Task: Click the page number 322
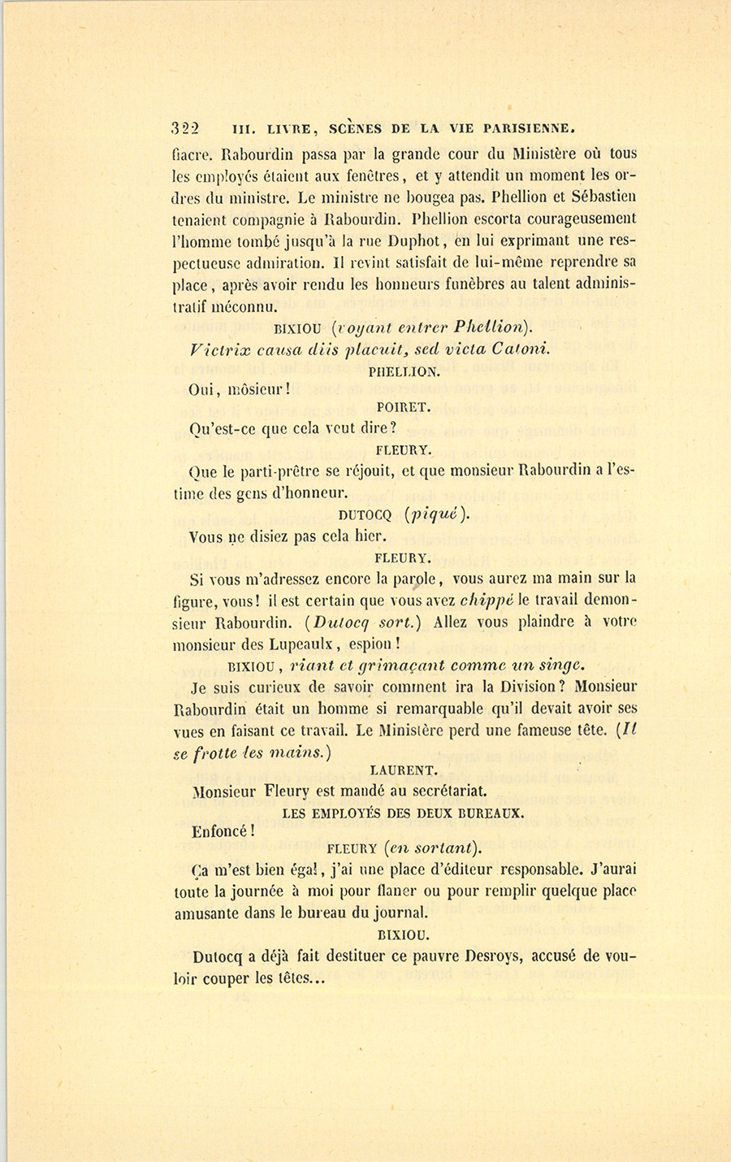[x=187, y=128]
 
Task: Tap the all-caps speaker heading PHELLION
[x=404, y=371]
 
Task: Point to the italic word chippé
[x=489, y=601]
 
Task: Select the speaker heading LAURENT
[x=404, y=769]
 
